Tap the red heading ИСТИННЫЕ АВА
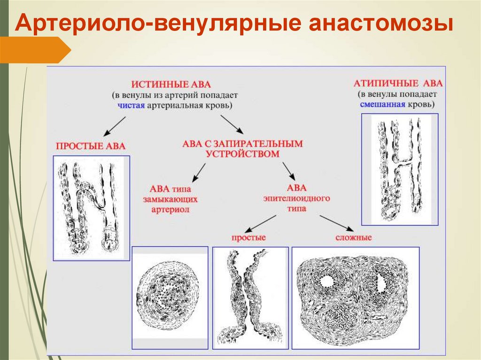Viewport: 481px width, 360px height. coord(171,84)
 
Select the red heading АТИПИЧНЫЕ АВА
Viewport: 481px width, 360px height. coord(398,84)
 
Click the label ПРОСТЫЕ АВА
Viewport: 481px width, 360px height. coord(91,146)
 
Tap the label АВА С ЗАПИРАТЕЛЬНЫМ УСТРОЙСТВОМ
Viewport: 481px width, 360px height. coord(242,148)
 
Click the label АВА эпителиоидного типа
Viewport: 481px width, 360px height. coord(296,198)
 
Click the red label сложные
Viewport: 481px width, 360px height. coord(354,237)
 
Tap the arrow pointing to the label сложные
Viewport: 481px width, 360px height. coord(336,223)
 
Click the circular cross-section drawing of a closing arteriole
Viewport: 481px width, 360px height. coord(170,299)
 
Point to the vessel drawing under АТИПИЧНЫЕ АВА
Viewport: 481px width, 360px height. coord(399,169)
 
